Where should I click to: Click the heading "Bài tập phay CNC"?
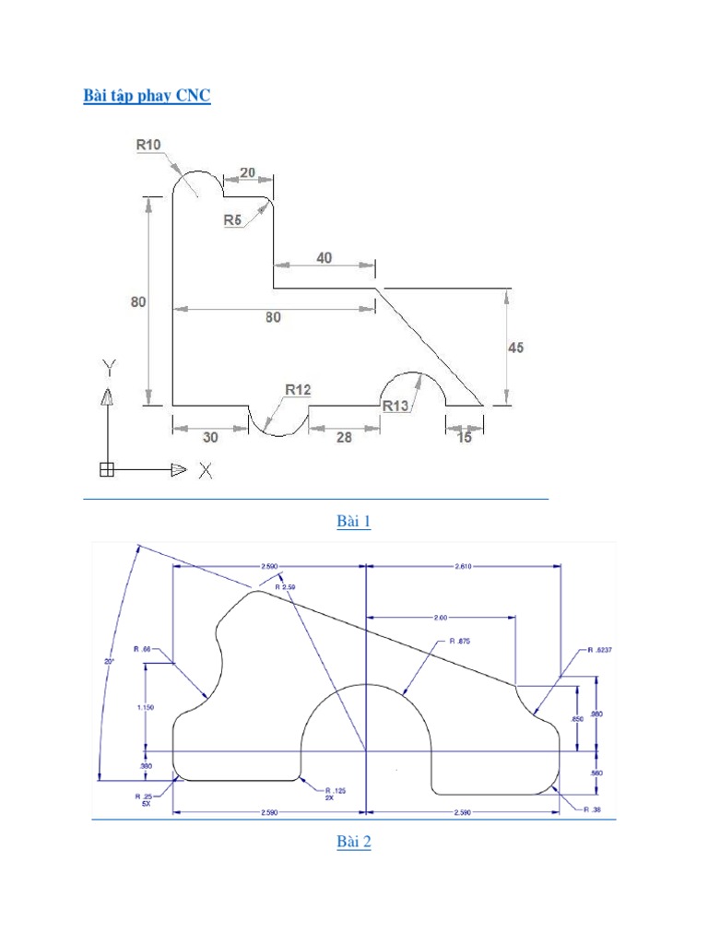[147, 96]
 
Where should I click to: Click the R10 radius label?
[148, 145]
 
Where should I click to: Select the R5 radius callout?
[232, 219]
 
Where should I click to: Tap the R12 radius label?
[297, 390]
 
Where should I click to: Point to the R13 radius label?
[395, 407]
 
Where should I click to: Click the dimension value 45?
[515, 348]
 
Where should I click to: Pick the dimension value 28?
[343, 438]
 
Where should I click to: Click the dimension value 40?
[324, 258]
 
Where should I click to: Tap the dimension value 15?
[464, 438]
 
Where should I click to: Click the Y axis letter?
[108, 369]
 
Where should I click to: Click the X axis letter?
[206, 471]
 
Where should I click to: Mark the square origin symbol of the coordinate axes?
[106, 470]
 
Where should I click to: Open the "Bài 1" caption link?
[353, 522]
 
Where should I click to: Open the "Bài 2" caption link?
[353, 842]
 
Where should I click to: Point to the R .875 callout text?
[459, 641]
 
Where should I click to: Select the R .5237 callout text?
[599, 650]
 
